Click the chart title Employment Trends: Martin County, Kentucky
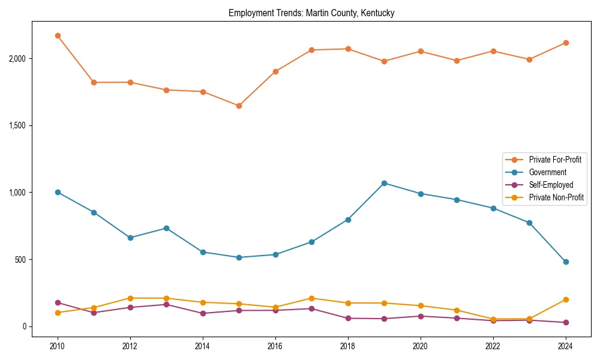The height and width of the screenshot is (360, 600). (x=311, y=13)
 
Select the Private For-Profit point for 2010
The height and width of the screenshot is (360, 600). (x=58, y=36)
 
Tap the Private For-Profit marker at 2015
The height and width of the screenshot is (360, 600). (x=239, y=106)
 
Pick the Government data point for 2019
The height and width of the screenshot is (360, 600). (x=384, y=183)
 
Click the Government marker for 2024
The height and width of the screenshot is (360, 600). (x=566, y=262)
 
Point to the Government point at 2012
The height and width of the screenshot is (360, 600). (x=130, y=238)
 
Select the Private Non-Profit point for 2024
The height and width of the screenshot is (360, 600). (x=566, y=299)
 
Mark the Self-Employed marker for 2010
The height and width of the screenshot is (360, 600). (x=58, y=302)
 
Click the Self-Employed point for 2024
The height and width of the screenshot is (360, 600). (x=566, y=322)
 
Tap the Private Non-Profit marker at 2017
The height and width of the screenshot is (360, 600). (x=311, y=298)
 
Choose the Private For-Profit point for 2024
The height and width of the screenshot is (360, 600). (x=566, y=43)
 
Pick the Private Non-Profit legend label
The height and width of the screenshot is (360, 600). (x=556, y=197)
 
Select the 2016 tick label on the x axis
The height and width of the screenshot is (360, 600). (x=275, y=346)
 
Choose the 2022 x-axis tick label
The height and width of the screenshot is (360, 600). (x=493, y=346)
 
